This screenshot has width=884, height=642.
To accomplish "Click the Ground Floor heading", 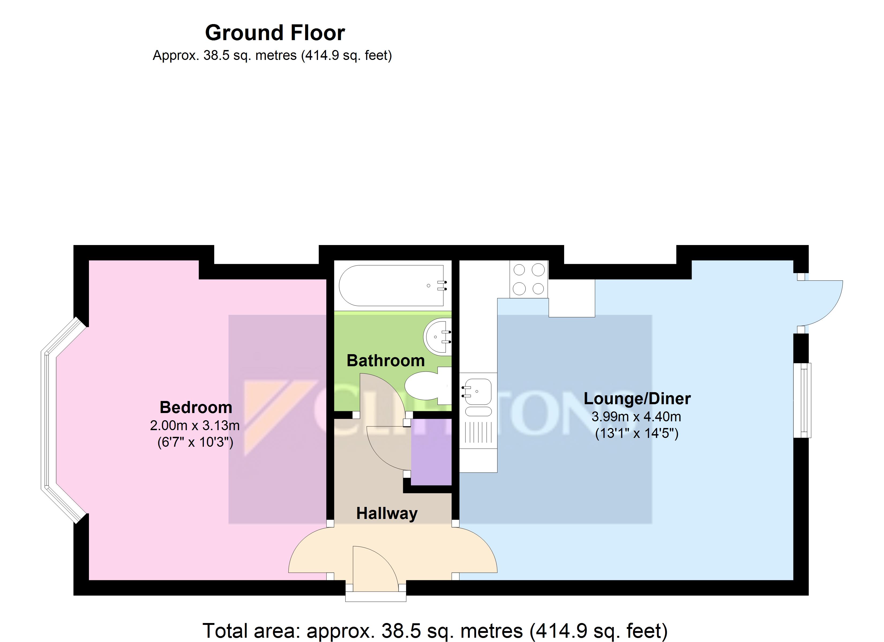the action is tap(275, 33).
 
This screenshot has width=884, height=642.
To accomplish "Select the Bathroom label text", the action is tap(385, 361).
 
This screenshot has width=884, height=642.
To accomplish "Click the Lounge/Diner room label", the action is tap(637, 399).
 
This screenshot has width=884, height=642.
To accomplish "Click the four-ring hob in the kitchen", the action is tap(529, 279).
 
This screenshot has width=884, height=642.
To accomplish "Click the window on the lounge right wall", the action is tap(802, 400).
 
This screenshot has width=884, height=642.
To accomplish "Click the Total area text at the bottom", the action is tap(435, 631).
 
